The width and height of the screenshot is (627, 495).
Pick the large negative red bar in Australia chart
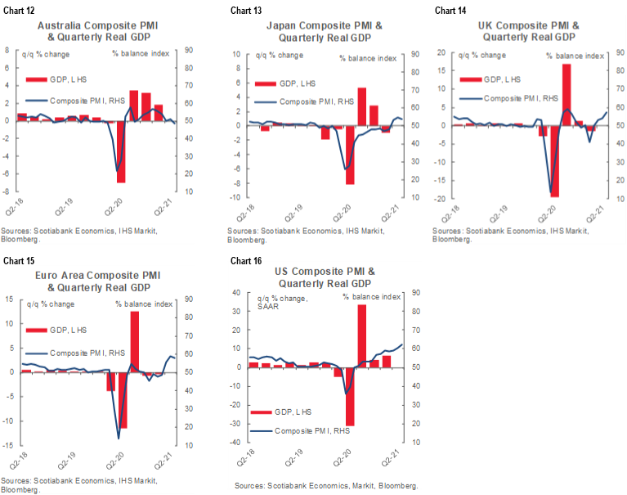[x=121, y=151]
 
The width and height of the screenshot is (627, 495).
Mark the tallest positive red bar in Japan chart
[x=361, y=106]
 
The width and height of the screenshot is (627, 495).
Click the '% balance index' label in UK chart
[x=576, y=56]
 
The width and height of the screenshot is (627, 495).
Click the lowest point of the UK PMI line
[x=552, y=192]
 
